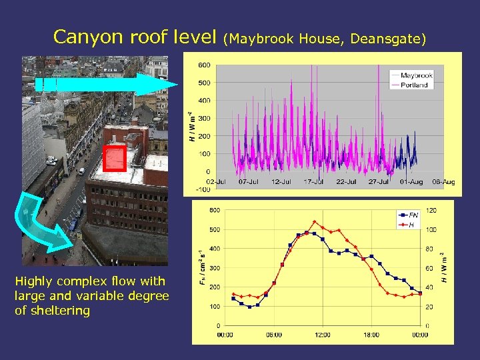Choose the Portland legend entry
pos(414,85)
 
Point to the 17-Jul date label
pos(313,181)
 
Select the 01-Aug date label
pos(411,181)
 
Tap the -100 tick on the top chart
pos(203,189)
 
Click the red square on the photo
pos(115,159)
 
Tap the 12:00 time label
pos(322,335)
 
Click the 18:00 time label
pos(371,335)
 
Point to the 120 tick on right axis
pos(432,210)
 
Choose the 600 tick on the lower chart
pos(214,210)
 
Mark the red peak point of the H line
pos(315,222)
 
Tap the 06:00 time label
pos(273,335)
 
